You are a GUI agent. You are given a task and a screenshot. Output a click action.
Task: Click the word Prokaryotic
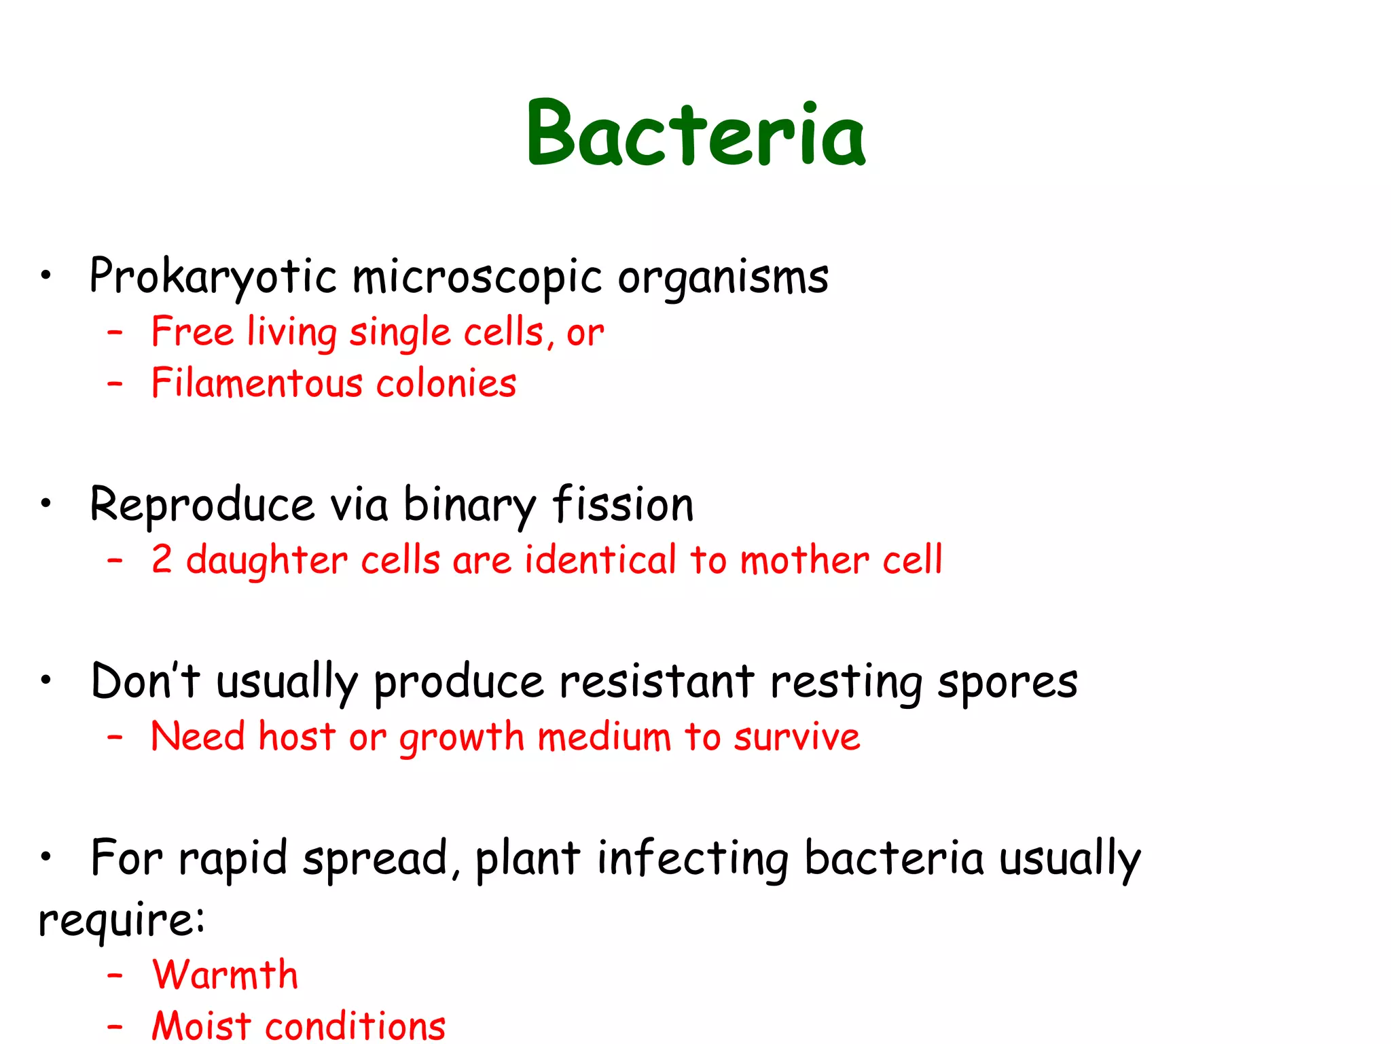click(x=213, y=277)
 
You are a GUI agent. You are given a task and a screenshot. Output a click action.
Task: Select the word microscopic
click(x=477, y=277)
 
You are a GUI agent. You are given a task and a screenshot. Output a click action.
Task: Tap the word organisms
click(x=723, y=277)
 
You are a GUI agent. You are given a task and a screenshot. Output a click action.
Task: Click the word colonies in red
click(x=446, y=383)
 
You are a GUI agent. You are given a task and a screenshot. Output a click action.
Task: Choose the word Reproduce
click(x=202, y=506)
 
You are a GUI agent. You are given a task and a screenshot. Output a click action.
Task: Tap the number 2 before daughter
click(x=162, y=559)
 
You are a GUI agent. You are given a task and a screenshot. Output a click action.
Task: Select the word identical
click(x=600, y=559)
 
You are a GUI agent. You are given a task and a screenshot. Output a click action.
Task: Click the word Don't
click(x=145, y=681)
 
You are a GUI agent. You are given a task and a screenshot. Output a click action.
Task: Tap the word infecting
click(x=693, y=858)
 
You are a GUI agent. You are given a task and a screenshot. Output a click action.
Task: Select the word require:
click(x=121, y=920)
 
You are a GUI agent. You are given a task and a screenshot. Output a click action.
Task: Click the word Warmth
click(x=225, y=975)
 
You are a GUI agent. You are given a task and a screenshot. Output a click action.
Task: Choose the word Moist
click(x=201, y=1025)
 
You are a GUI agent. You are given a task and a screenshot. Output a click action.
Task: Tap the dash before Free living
click(x=115, y=332)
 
